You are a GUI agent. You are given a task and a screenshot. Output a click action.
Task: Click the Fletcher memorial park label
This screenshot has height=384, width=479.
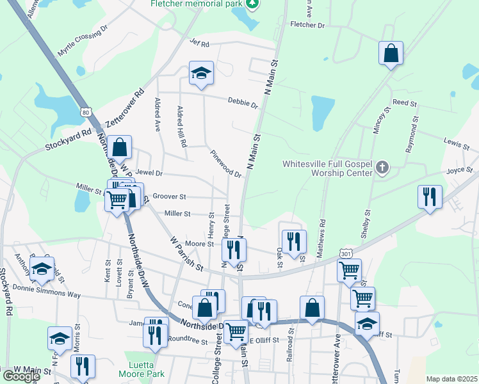pyautogui.click(x=197, y=4)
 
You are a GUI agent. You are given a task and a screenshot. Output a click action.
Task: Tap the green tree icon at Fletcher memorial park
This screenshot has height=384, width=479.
pyautogui.click(x=254, y=4)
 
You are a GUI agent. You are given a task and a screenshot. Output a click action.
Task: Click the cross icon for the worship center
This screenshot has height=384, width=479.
pyautogui.click(x=382, y=168)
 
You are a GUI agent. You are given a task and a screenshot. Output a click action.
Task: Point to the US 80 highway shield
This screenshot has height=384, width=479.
pyautogui.click(x=86, y=112)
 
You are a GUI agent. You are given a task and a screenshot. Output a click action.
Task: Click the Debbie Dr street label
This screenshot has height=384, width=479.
pyautogui.click(x=243, y=103)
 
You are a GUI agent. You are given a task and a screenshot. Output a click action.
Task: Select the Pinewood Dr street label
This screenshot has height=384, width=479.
pyautogui.click(x=225, y=164)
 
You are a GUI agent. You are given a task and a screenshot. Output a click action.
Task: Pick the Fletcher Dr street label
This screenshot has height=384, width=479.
pyautogui.click(x=307, y=25)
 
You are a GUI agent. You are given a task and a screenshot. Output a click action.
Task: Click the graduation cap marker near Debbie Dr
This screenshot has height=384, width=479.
pyautogui.click(x=201, y=74)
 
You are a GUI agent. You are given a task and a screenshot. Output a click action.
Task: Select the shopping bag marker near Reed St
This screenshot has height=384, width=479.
pyautogui.click(x=391, y=54)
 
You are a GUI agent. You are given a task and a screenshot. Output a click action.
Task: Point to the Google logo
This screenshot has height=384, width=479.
pyautogui.click(x=20, y=376)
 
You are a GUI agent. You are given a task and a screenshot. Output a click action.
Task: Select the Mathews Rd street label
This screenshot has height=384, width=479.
pyautogui.click(x=322, y=237)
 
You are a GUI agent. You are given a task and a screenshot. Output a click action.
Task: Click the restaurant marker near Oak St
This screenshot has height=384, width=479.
pyautogui.click(x=293, y=242)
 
